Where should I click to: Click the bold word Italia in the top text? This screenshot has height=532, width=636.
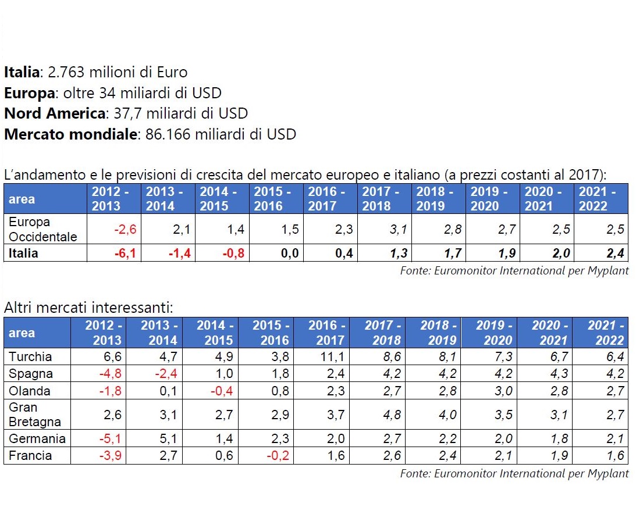(x=22, y=73)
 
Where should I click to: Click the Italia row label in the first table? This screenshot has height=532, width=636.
(x=24, y=253)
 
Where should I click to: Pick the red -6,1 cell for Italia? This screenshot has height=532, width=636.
(x=124, y=253)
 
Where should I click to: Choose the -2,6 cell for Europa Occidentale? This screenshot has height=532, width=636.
(x=124, y=230)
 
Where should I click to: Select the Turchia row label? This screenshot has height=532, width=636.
(x=30, y=356)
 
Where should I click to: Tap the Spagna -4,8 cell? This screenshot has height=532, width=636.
(x=108, y=374)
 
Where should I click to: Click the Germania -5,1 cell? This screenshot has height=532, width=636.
(x=108, y=438)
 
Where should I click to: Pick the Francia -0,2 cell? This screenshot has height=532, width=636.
(x=276, y=456)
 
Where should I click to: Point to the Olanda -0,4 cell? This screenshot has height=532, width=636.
(x=220, y=391)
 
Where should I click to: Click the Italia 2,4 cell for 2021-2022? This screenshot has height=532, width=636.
(x=613, y=253)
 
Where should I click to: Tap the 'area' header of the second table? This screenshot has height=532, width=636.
(x=22, y=333)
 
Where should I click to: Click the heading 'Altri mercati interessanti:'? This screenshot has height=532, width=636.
(x=89, y=308)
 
